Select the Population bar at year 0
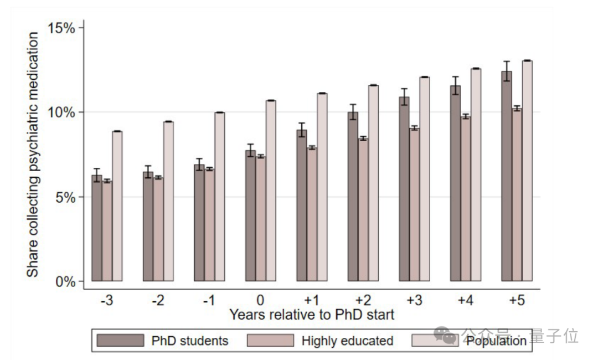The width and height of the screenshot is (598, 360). pos(271,191)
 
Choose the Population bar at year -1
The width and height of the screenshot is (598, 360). pos(220,197)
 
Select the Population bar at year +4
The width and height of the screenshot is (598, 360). pos(476,175)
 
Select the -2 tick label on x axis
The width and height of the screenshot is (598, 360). pos(158,301)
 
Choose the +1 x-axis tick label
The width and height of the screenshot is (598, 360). pos(312,301)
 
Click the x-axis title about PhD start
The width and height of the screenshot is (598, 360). pos(312,315)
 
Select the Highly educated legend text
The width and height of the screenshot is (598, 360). pos(347,341)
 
